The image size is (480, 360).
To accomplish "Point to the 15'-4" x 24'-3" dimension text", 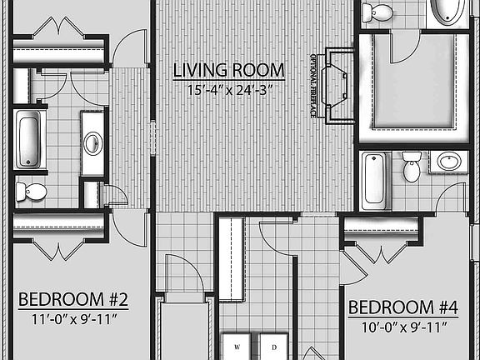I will (x=228, y=87).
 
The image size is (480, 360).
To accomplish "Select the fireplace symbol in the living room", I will (x=338, y=85).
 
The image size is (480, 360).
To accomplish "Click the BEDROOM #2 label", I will (x=72, y=299).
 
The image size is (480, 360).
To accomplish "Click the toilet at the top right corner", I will (x=380, y=12).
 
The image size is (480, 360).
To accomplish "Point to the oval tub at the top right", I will (x=451, y=13).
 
